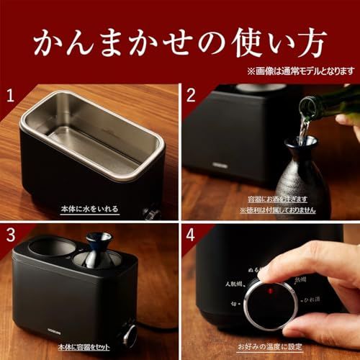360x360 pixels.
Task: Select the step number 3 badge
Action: (x=10, y=235)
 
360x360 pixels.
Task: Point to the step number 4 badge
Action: (x=191, y=235)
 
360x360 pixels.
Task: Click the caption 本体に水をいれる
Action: (x=90, y=210)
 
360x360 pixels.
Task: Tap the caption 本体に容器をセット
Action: (x=90, y=351)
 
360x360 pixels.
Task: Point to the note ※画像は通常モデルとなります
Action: (x=300, y=71)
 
